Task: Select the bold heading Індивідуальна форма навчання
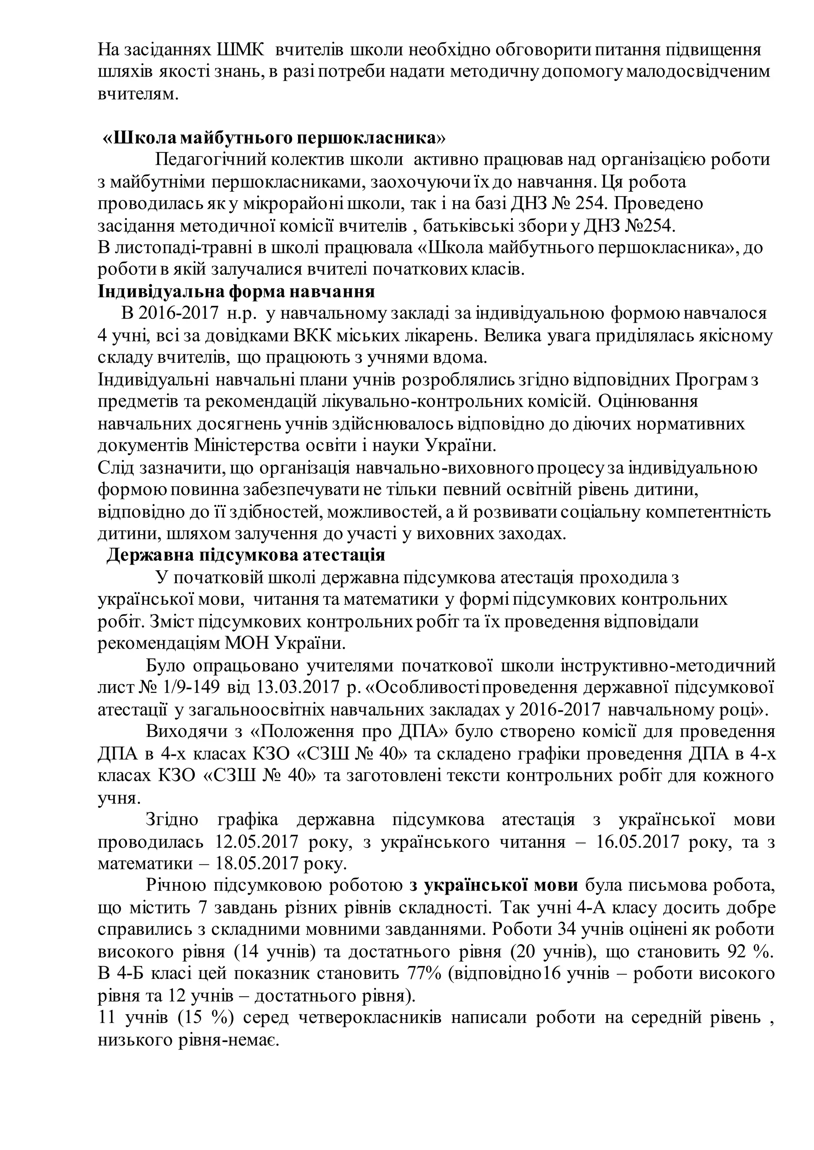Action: tap(236, 291)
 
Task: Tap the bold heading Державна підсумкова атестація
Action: tap(246, 556)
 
